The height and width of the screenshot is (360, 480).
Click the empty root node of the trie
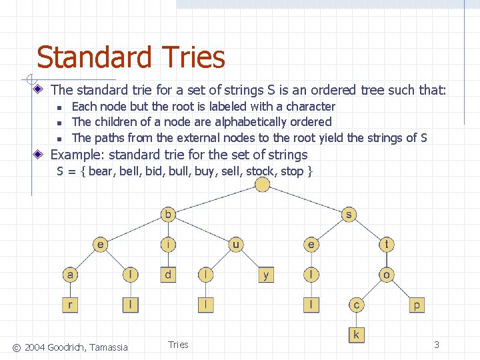tap(263, 185)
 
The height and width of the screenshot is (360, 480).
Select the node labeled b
tap(169, 215)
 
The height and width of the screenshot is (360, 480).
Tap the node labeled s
tap(348, 215)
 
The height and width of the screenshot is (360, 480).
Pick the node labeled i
tap(169, 245)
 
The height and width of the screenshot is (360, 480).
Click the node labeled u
tap(236, 245)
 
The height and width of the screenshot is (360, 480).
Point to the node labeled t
tap(387, 245)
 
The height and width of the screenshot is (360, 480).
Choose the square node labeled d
tap(169, 274)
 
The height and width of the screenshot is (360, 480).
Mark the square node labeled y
tap(266, 274)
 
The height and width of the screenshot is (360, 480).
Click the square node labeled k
tap(356, 334)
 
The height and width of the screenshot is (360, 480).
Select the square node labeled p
tap(417, 305)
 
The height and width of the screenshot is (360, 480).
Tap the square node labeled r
tap(70, 305)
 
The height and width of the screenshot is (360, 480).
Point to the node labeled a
tap(70, 274)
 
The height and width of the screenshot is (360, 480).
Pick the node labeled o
tap(387, 274)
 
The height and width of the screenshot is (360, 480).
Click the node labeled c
tap(356, 305)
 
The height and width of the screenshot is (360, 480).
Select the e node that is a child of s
tap(311, 245)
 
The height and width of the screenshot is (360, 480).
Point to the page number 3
tap(436, 345)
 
